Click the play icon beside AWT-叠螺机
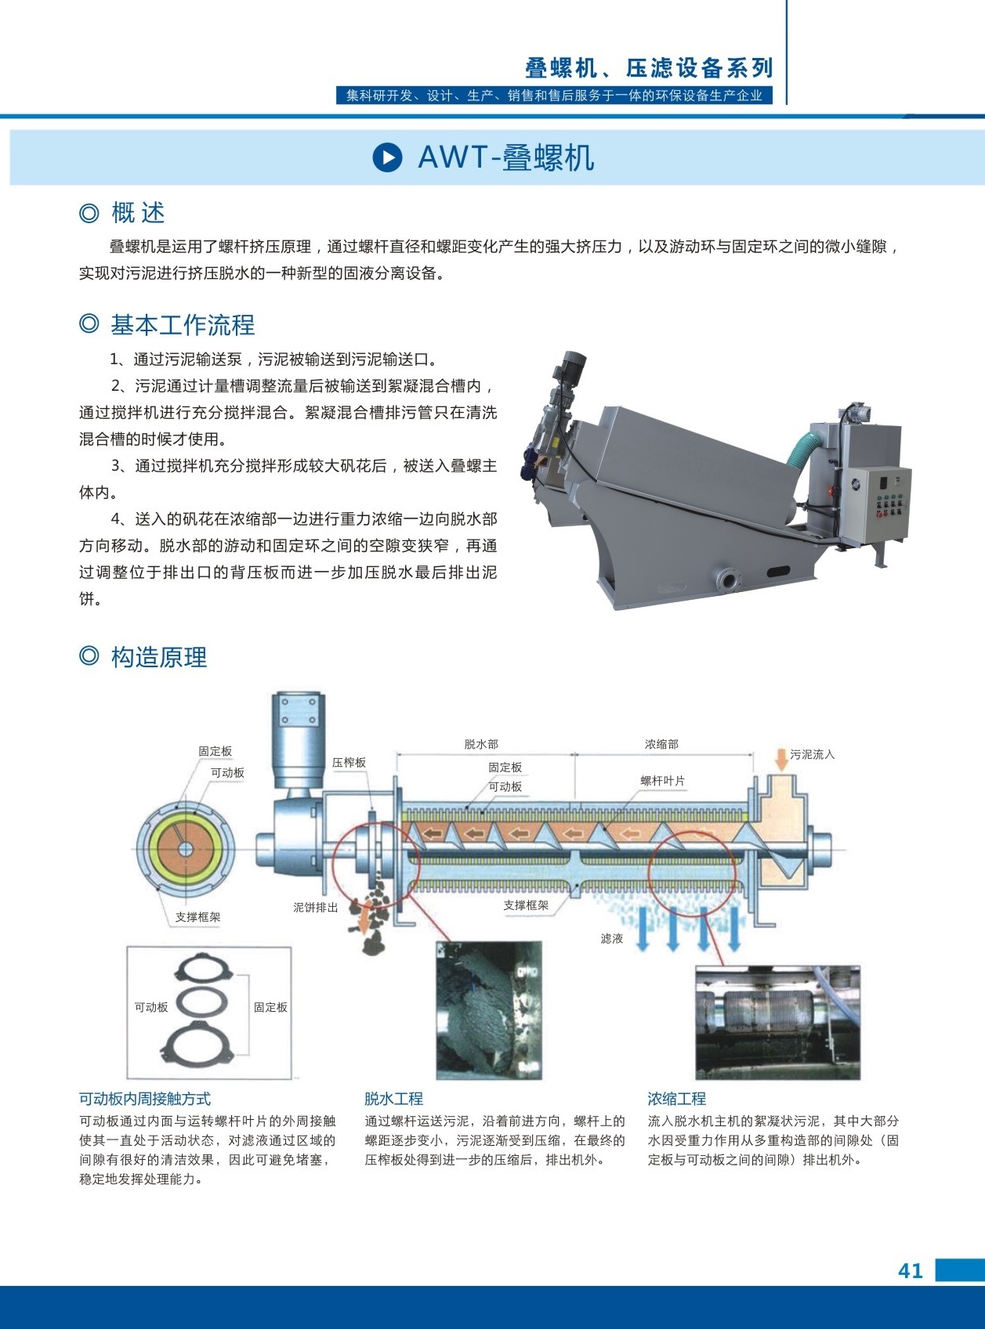coord(387,157)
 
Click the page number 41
coord(910,1271)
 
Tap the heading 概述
coord(138,213)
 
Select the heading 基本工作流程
coord(183,325)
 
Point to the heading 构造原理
coord(159,657)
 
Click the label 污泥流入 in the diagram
coord(813,754)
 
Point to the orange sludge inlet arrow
coord(781,759)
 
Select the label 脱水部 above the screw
coord(481,744)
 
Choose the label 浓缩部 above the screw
coord(662,744)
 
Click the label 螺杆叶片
coord(662,781)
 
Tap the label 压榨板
coord(349,762)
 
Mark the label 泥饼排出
coord(315,907)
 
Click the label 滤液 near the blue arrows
coord(612,938)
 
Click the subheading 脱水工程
coord(394,1098)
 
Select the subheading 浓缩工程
coord(677,1098)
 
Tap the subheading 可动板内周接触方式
coord(145,1098)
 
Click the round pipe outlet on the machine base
coord(728,580)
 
